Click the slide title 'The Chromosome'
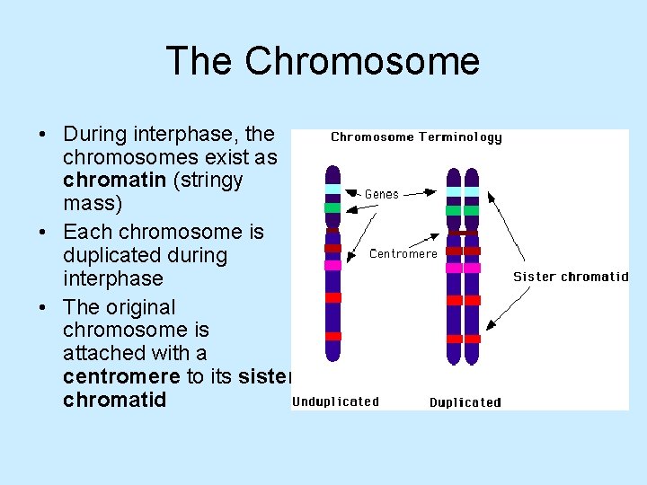[x=323, y=61]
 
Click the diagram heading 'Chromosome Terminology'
[x=416, y=137]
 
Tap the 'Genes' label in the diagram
[x=382, y=194]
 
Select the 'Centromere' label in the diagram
[x=403, y=253]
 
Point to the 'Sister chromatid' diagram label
[x=571, y=277]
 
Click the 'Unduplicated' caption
[x=335, y=401]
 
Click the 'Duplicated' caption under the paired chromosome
[x=465, y=402]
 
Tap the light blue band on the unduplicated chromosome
[x=332, y=189]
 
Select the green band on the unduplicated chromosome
[x=332, y=207]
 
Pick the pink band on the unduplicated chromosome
[x=332, y=265]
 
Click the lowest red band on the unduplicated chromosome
[x=332, y=337]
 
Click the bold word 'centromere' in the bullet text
[x=121, y=376]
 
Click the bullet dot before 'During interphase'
[x=43, y=135]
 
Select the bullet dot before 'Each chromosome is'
[x=43, y=233]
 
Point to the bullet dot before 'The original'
[x=43, y=308]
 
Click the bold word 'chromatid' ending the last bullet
[x=115, y=400]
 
